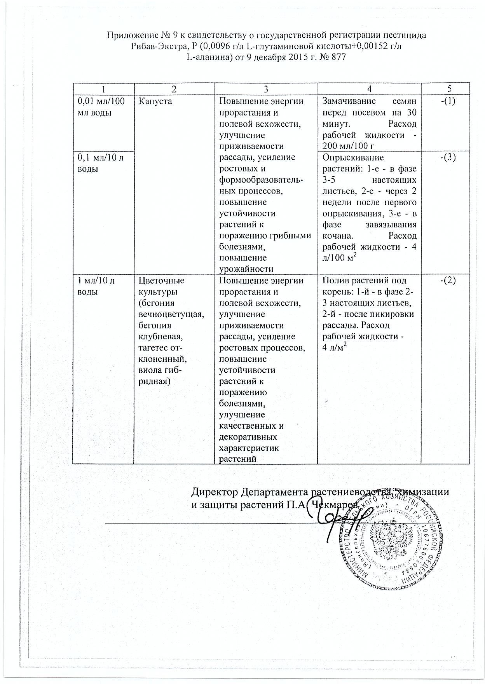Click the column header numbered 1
click(103, 89)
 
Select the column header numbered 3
click(266, 89)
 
